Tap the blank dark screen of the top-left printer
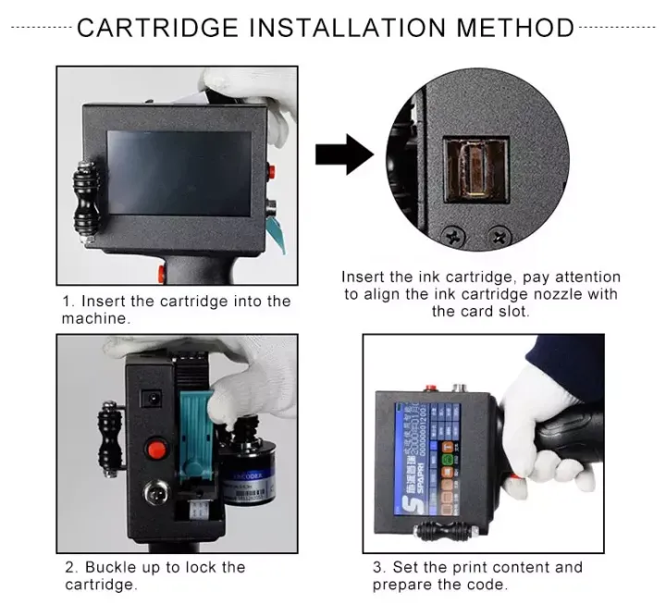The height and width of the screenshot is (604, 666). pyautogui.click(x=179, y=172)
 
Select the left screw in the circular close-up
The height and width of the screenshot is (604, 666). pyautogui.click(x=453, y=238)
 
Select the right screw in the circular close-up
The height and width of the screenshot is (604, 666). pyautogui.click(x=500, y=238)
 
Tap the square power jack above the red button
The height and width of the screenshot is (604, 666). pyautogui.click(x=145, y=401)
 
